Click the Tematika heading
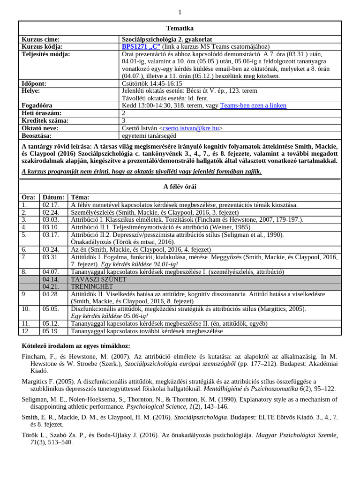point(180,28)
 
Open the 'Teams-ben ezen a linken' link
point(253,105)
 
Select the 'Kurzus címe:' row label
point(41,39)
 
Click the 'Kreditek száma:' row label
point(45,120)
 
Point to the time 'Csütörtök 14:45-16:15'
point(152,83)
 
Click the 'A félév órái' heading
point(180,187)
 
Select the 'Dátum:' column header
point(53,197)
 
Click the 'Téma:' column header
point(80,197)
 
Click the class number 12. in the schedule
point(26,331)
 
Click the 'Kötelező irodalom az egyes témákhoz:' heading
point(76,346)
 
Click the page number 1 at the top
point(180,12)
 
